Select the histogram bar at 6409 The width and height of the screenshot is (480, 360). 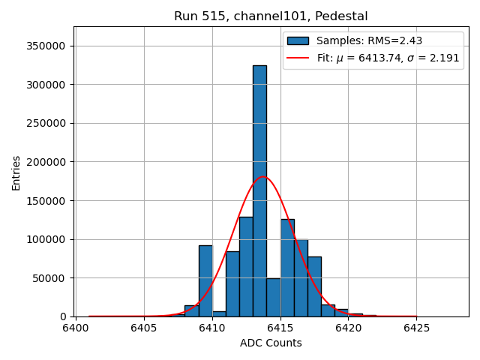(205, 281)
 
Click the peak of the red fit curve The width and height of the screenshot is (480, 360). (262, 177)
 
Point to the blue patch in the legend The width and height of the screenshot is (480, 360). (298, 40)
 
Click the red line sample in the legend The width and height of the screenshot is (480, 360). (298, 58)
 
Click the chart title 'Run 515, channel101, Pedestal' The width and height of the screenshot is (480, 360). (271, 16)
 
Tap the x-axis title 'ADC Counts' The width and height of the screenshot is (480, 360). (271, 343)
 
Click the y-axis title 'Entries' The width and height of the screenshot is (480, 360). (16, 172)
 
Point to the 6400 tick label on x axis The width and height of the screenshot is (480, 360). (75, 328)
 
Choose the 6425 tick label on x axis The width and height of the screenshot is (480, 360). (416, 328)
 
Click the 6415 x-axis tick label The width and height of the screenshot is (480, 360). (280, 328)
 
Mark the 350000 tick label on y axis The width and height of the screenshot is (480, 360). (45, 46)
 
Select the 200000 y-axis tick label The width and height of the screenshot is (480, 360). (45, 162)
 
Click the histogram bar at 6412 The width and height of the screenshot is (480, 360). (246, 267)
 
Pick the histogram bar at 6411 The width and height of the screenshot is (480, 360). (232, 284)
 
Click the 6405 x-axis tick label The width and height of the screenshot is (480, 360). (143, 328)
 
